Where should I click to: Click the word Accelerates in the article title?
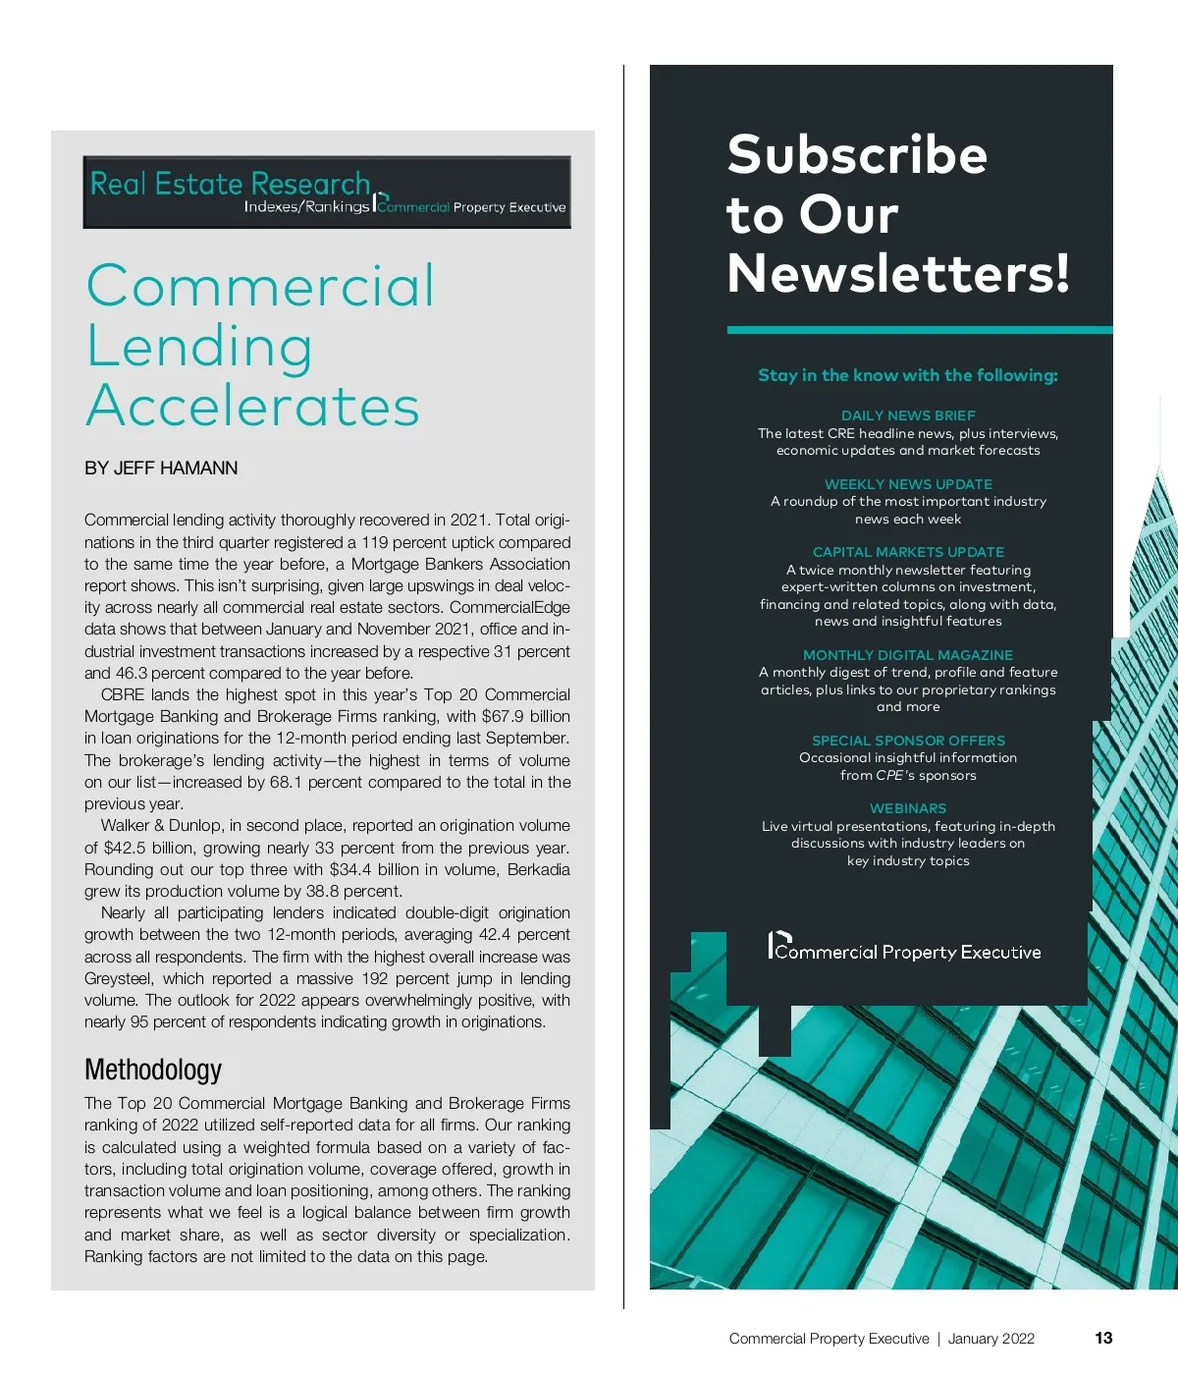click(253, 406)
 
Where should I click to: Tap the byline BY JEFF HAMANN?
click(161, 468)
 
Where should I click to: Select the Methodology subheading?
click(153, 1069)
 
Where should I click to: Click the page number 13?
click(1103, 1338)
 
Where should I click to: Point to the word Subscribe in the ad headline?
click(857, 155)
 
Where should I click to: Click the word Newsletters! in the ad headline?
click(897, 273)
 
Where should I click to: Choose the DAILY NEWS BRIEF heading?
click(908, 415)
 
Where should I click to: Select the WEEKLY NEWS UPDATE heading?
click(908, 484)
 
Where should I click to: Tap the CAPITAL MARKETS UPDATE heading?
click(908, 552)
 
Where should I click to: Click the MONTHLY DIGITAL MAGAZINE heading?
click(908, 655)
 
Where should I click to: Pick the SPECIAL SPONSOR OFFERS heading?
click(908, 741)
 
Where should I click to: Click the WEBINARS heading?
click(908, 808)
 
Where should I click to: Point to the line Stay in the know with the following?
click(908, 375)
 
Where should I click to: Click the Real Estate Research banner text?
click(230, 184)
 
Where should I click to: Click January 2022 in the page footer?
click(991, 1339)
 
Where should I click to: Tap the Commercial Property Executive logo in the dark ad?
click(904, 948)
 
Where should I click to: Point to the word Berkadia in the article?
click(539, 870)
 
